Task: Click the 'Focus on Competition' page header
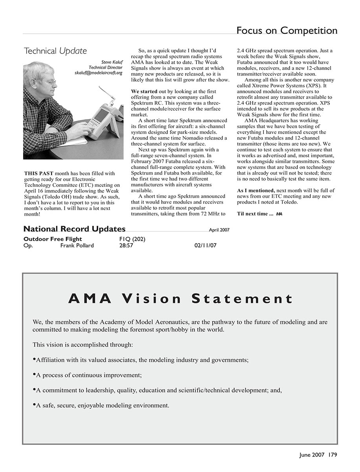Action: click(287, 31)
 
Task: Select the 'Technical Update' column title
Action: click(55, 51)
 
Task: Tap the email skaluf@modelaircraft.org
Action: click(99, 73)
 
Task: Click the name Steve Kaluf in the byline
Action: click(112, 62)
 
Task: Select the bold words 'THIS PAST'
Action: click(39, 173)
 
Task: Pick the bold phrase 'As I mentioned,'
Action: click(256, 190)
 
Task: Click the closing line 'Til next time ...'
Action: click(255, 214)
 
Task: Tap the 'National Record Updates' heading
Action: click(74, 229)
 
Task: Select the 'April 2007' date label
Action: click(219, 230)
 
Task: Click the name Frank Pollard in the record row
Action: click(77, 246)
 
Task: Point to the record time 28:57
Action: click(126, 246)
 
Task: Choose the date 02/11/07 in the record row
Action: click(205, 246)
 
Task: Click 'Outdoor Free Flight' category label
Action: click(53, 239)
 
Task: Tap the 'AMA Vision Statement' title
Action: click(180, 299)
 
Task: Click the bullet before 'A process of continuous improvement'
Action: click(34, 374)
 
